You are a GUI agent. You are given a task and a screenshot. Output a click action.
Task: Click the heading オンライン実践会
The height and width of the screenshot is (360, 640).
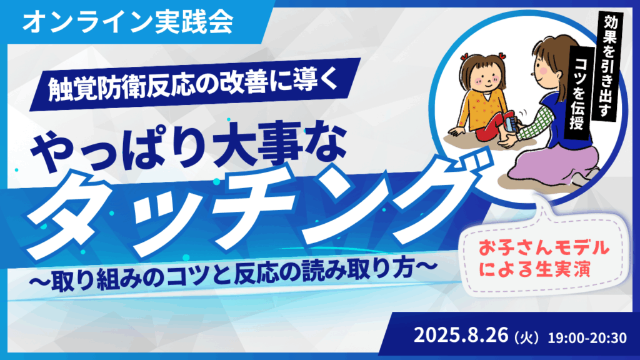pyautogui.click(x=127, y=23)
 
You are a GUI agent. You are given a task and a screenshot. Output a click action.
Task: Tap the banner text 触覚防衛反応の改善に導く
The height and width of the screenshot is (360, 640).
pyautogui.click(x=193, y=84)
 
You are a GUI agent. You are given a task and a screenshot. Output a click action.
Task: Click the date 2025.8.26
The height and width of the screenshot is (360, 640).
pyautogui.click(x=461, y=336)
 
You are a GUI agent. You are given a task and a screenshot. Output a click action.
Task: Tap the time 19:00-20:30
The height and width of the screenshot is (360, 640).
pyautogui.click(x=587, y=337)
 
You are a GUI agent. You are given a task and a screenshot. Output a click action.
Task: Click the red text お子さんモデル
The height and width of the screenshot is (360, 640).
pyautogui.click(x=544, y=247)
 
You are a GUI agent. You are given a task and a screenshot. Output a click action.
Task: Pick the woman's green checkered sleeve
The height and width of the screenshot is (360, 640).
pyautogui.click(x=537, y=122)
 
